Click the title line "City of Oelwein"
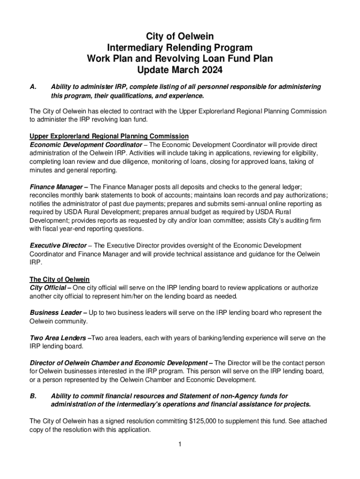(180, 36)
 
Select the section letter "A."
(33, 87)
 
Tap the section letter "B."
(33, 396)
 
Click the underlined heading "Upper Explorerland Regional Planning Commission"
(109, 136)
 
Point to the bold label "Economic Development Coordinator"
(86, 145)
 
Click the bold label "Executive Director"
(58, 245)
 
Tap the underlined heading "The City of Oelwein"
(59, 279)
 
